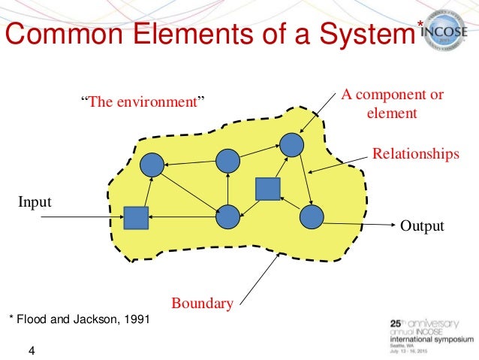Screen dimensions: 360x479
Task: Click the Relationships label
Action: point(415,155)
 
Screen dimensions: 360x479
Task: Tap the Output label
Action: point(422,225)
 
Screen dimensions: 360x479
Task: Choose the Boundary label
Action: point(202,304)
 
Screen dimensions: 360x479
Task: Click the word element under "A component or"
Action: point(391,114)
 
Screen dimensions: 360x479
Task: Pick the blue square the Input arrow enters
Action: point(136,218)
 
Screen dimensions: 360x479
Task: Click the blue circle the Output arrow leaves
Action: point(311,217)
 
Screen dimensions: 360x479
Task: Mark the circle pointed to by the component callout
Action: point(292,144)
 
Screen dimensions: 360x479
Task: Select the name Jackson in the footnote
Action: point(94,319)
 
